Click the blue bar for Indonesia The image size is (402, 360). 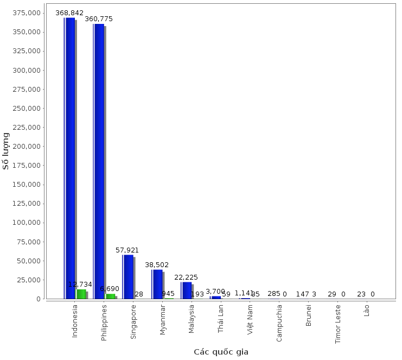click(70, 158)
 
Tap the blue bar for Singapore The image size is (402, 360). click(129, 276)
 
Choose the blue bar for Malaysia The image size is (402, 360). click(187, 290)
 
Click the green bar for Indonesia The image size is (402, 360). click(81, 294)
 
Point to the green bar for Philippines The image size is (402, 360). click(110, 296)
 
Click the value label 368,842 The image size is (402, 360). click(69, 12)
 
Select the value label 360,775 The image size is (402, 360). click(99, 18)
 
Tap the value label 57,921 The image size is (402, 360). click(127, 250)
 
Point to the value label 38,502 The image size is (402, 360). click(157, 265)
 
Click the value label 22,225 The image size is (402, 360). click(186, 277)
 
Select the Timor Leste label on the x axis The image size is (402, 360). click(338, 324)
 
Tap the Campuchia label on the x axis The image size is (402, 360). click(279, 323)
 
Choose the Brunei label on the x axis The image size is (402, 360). click(309, 315)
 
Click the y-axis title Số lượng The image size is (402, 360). click(7, 150)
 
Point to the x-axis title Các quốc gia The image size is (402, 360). click(221, 352)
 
